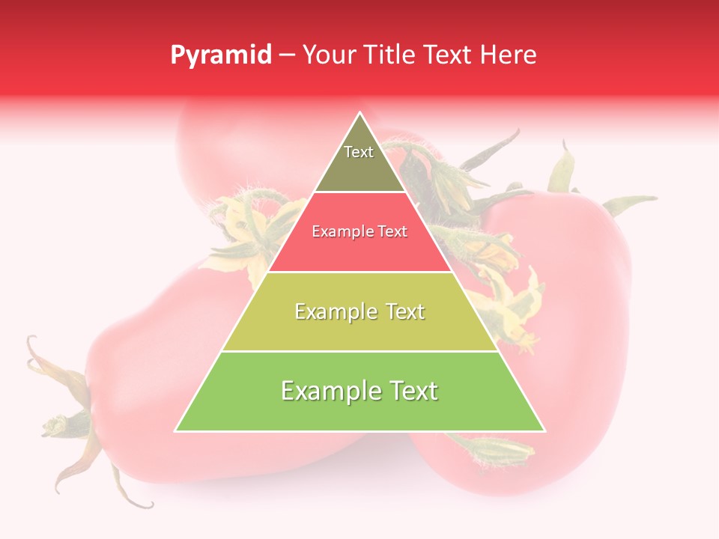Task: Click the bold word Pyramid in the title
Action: [221, 55]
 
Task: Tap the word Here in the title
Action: [509, 55]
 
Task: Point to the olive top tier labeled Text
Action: [359, 161]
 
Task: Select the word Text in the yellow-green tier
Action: [401, 311]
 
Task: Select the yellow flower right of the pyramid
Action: [517, 299]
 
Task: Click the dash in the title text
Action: [286, 55]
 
